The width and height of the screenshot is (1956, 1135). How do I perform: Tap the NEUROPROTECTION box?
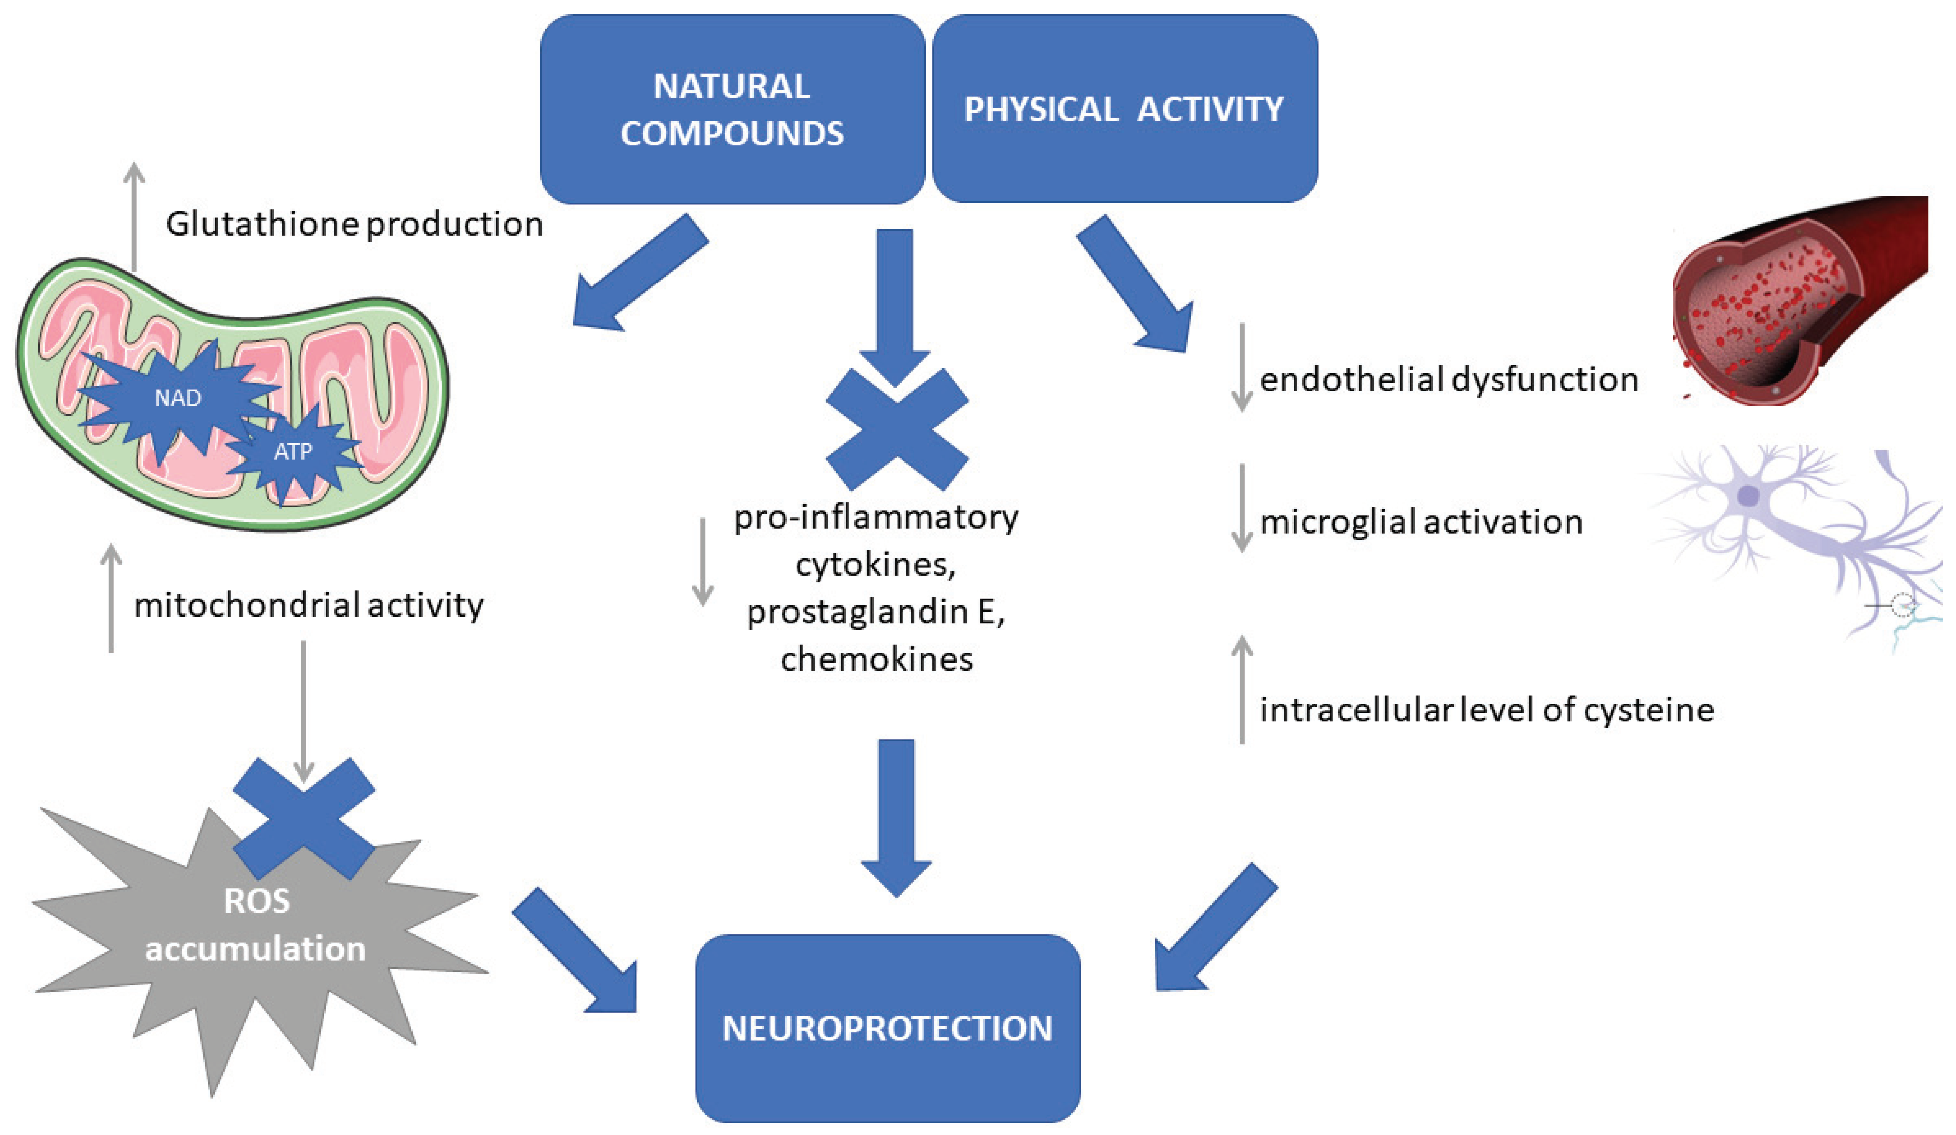[x=887, y=1028]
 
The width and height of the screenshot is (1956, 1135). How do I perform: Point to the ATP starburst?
[x=293, y=451]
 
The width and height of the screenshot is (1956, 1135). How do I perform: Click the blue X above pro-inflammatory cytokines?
[x=897, y=429]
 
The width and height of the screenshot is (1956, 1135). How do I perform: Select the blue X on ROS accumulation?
[x=303, y=819]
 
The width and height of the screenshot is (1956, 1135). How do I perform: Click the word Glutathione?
[x=262, y=224]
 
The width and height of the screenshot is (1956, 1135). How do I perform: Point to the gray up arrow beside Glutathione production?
[x=134, y=217]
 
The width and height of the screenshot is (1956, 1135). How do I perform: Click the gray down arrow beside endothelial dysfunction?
[x=1242, y=367]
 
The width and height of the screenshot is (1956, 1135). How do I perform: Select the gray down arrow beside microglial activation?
[x=1242, y=508]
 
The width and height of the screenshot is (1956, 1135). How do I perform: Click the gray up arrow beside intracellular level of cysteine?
[x=1242, y=689]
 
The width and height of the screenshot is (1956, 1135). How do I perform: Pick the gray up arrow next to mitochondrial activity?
[x=112, y=597]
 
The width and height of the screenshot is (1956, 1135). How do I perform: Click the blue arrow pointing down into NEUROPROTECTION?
[x=897, y=819]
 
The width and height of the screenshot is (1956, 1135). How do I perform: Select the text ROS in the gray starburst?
[x=256, y=901]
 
